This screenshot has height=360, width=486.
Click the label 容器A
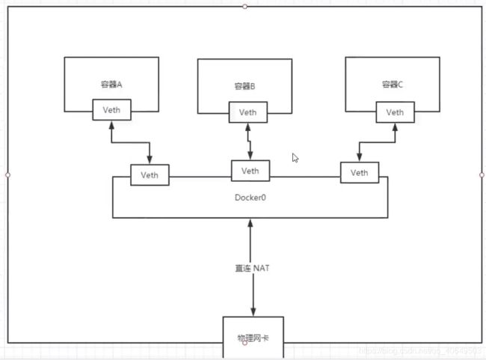coord(111,85)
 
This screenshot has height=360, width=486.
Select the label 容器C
coord(390,85)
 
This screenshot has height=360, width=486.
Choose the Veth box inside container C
coord(396,112)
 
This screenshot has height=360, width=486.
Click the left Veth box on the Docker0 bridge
coord(150,175)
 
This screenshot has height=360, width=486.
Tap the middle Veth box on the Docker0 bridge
coord(250,171)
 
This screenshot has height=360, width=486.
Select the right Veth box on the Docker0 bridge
coord(360,173)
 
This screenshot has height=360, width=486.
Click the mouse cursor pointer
coord(295,158)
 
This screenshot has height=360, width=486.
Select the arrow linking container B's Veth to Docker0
coord(248,141)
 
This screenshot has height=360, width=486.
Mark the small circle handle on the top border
coord(244,6)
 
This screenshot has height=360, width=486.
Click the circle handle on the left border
coord(7,174)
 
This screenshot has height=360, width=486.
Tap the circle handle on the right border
coord(482,174)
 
